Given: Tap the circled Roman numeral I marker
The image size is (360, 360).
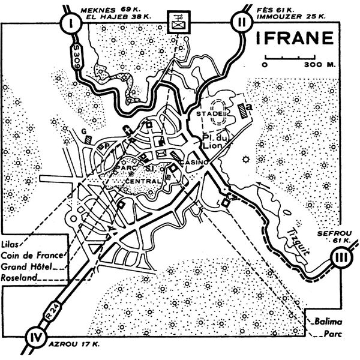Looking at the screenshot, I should [x=72, y=24].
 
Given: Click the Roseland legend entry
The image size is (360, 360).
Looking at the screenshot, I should [x=21, y=277].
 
